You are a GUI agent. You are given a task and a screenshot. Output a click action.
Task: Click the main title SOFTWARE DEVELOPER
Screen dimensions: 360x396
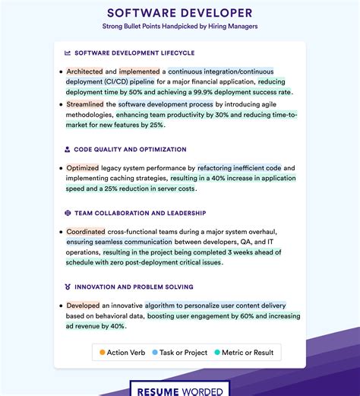coord(180,13)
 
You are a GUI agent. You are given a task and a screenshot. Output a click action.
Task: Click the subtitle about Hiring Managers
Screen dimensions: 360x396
coord(180,26)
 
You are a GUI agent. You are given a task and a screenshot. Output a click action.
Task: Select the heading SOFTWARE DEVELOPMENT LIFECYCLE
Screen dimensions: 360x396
coord(134,53)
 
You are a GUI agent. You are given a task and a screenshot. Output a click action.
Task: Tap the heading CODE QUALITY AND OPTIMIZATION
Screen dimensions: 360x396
coord(130,150)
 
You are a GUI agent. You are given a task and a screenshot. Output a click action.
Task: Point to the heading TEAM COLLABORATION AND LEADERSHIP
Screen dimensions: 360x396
coord(140,214)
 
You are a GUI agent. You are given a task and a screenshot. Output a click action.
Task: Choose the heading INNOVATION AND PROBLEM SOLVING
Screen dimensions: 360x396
coord(133,287)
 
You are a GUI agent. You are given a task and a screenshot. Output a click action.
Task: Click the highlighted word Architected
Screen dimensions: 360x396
coord(84,71)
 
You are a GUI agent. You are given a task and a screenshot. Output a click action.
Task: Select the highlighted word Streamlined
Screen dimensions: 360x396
coord(85,104)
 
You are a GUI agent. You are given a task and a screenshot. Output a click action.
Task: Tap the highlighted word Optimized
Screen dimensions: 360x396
coord(83,168)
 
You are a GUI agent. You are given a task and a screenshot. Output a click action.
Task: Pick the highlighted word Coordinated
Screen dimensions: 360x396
coord(86,232)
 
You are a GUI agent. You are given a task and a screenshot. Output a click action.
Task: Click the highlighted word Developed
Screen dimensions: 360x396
coord(83,306)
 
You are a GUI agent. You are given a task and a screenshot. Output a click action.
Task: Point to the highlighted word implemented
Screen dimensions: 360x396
coord(139,71)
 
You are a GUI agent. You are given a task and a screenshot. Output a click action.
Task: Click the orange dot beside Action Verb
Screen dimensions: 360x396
coord(102,352)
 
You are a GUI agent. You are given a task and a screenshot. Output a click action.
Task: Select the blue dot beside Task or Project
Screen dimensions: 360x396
coord(155,352)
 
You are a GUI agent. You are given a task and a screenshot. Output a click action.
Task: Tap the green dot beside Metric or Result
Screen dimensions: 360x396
coord(217,352)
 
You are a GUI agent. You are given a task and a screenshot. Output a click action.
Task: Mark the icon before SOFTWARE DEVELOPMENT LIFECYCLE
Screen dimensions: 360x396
coord(68,53)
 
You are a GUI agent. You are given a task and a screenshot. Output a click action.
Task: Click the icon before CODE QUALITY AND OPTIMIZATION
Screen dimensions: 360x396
coord(68,150)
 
